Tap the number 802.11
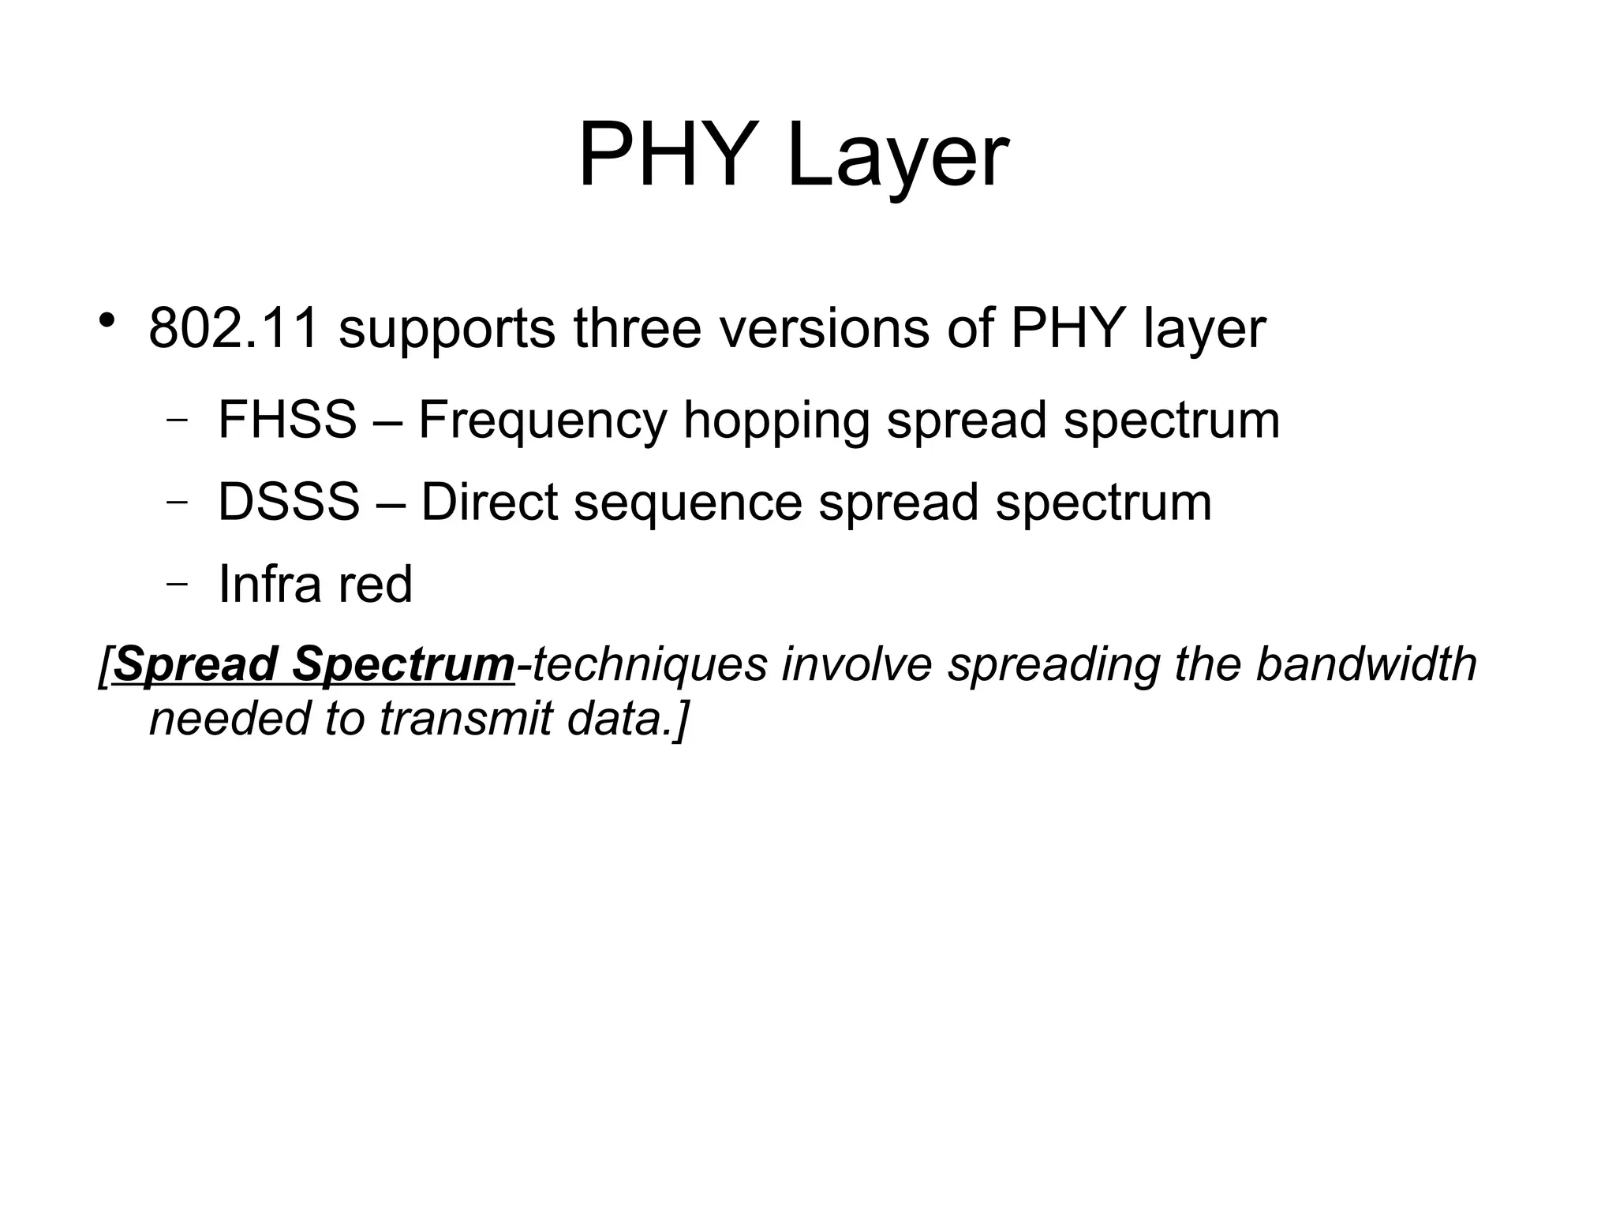coord(234,328)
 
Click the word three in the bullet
coord(637,328)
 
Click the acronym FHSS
coord(287,419)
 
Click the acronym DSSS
coord(289,502)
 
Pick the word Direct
coord(489,502)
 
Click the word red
coord(376,584)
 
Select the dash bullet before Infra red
coord(178,584)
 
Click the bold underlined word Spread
coord(196,665)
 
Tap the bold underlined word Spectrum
coord(403,665)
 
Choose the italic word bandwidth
coord(1366,663)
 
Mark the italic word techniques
coord(649,665)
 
